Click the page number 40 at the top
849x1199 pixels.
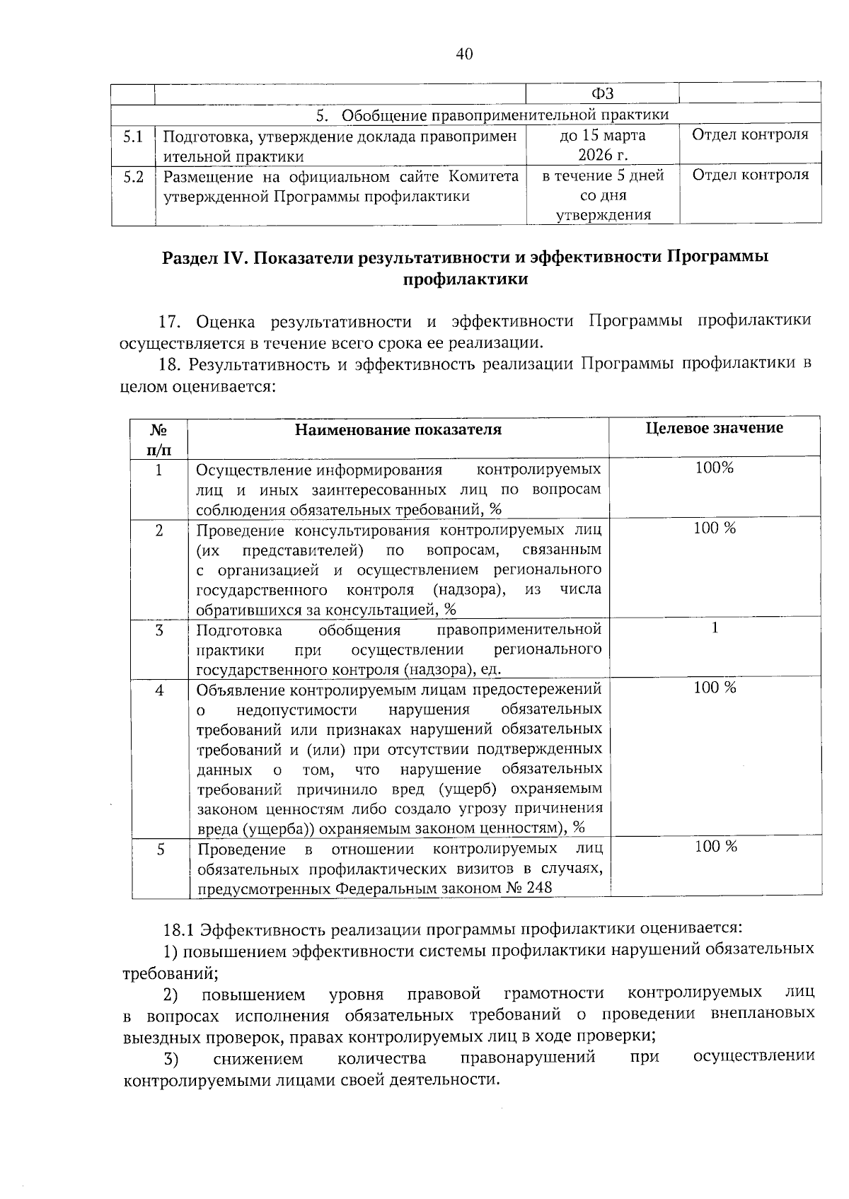[x=464, y=54]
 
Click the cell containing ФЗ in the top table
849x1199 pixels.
[x=602, y=94]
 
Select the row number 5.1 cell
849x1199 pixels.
[x=133, y=136]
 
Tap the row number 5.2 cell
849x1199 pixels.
[x=133, y=176]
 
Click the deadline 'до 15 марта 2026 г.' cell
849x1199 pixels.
[x=602, y=145]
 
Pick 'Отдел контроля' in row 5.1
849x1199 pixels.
[x=749, y=134]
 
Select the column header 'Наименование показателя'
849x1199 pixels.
[x=398, y=429]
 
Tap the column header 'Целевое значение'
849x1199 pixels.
[x=715, y=428]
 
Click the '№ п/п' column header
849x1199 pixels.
[x=159, y=439]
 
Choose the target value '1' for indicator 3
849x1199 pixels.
[x=715, y=628]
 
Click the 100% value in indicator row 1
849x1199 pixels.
[x=715, y=468]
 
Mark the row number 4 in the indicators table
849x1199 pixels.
[x=160, y=690]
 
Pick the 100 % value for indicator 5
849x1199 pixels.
[x=715, y=847]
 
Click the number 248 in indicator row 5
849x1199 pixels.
[x=539, y=888]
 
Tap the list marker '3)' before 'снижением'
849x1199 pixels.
[x=171, y=1059]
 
